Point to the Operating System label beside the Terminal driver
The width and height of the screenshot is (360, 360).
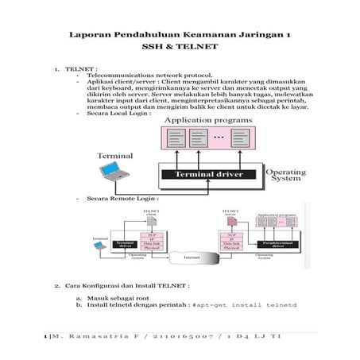[284, 175]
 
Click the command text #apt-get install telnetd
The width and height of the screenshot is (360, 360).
[245, 304]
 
